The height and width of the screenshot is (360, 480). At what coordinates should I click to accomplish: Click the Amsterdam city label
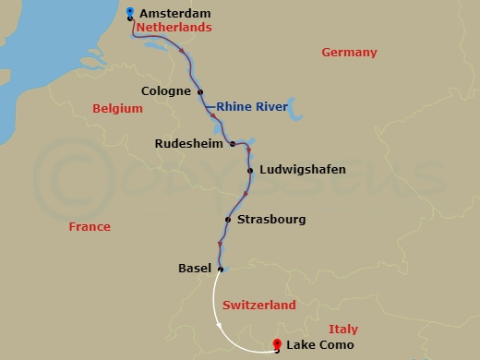point(174,14)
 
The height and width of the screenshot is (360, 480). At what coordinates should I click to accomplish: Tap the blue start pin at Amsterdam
point(130,12)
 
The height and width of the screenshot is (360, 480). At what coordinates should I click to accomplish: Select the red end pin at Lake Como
point(277,346)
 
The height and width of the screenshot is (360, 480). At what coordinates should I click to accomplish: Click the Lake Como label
point(320,346)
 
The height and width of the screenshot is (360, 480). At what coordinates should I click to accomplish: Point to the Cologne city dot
point(200,91)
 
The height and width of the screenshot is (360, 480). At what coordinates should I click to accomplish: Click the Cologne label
point(166,91)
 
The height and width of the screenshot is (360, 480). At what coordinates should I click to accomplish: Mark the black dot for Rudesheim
point(233,144)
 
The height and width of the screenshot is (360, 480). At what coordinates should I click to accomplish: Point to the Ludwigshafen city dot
point(250,170)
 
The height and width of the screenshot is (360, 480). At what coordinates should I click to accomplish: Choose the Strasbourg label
point(270,220)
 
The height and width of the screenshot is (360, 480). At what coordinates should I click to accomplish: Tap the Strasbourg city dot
point(227,220)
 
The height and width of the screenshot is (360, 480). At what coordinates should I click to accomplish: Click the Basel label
point(194,269)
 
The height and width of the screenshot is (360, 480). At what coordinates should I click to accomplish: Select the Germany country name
point(349,53)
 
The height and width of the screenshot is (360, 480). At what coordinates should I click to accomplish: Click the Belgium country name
point(118,109)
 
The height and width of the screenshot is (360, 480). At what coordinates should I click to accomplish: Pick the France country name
point(90,227)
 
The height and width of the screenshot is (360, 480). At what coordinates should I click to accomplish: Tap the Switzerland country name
point(258,306)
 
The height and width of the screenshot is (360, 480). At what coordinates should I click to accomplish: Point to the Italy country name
point(342,330)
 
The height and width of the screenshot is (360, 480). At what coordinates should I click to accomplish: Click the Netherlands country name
point(174,29)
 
